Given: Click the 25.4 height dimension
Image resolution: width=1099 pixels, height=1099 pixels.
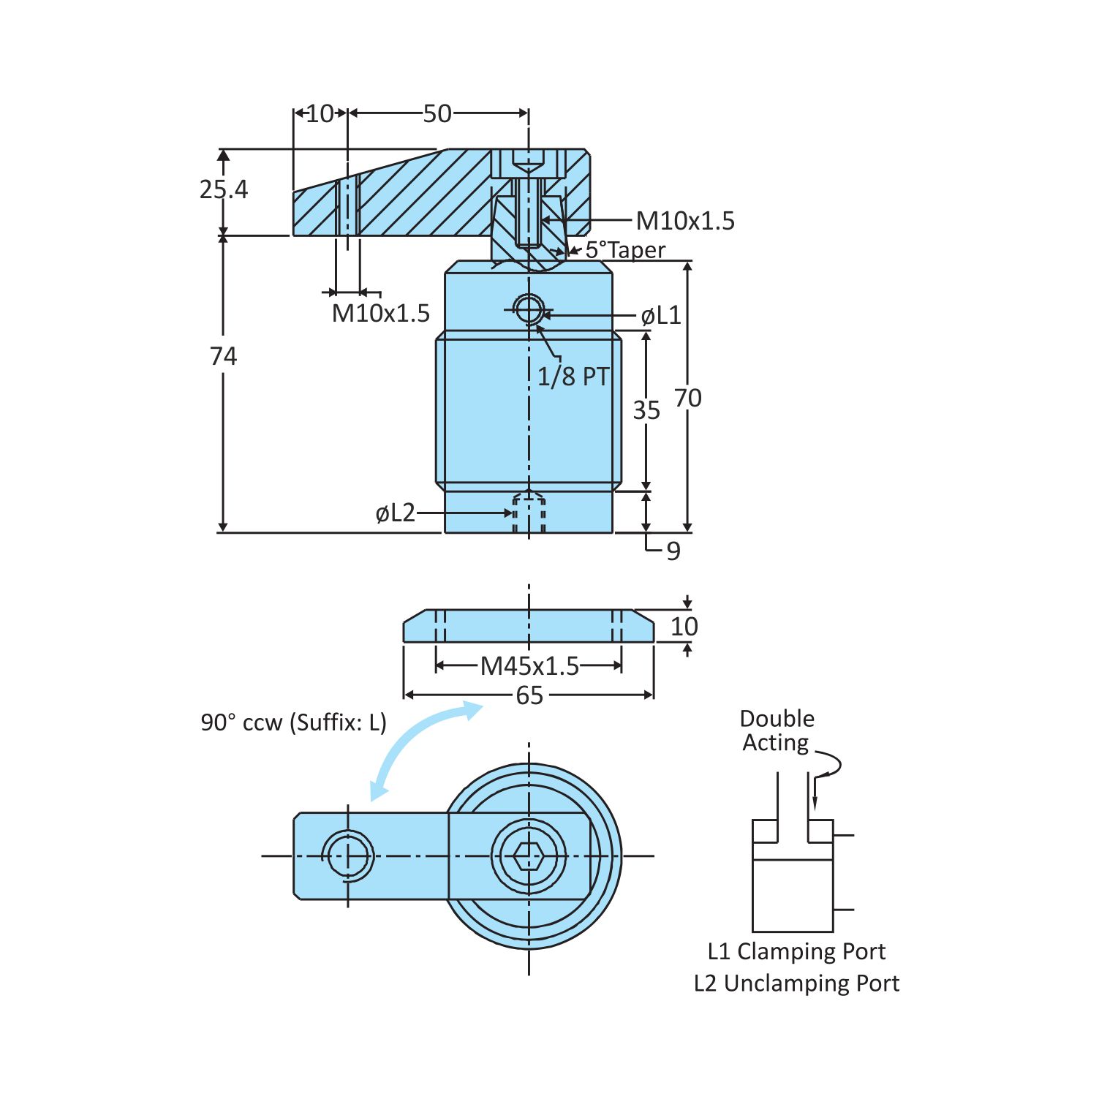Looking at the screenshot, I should [x=223, y=189].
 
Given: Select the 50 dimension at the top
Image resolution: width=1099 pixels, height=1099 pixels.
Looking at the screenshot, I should [x=437, y=114].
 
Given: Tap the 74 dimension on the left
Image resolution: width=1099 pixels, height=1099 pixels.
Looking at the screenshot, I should [x=223, y=357].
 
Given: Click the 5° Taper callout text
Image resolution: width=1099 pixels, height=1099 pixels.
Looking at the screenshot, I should [x=625, y=250].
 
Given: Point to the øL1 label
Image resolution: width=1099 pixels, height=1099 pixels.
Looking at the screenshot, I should [x=661, y=316].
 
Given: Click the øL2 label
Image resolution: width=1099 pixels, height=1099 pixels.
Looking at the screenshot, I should [x=395, y=513].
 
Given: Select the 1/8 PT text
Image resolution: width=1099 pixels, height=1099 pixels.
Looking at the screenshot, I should [x=573, y=377].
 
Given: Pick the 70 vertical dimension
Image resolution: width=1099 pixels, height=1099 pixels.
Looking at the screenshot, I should [x=687, y=399].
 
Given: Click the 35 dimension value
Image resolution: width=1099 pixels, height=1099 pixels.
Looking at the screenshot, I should [x=646, y=410].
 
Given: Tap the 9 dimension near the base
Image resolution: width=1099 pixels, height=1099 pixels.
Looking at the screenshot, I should [x=673, y=551].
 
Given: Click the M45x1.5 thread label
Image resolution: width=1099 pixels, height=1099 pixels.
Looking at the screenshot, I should [x=529, y=666].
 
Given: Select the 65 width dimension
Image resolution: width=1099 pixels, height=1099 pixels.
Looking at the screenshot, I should [x=529, y=695].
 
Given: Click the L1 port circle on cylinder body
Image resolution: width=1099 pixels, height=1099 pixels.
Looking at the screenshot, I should [x=528, y=309].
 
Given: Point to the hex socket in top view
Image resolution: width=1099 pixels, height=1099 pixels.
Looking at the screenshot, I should [x=529, y=856].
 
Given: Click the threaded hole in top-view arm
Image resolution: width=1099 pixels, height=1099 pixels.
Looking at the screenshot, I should [x=348, y=856].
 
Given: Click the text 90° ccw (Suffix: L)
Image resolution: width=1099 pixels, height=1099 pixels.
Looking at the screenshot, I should [x=293, y=722].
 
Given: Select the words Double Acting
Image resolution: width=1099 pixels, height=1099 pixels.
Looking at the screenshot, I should [x=777, y=730].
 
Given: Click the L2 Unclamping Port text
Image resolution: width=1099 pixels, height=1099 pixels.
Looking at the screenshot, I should [x=796, y=983].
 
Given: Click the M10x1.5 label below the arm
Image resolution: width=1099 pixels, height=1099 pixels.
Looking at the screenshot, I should [x=380, y=314].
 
